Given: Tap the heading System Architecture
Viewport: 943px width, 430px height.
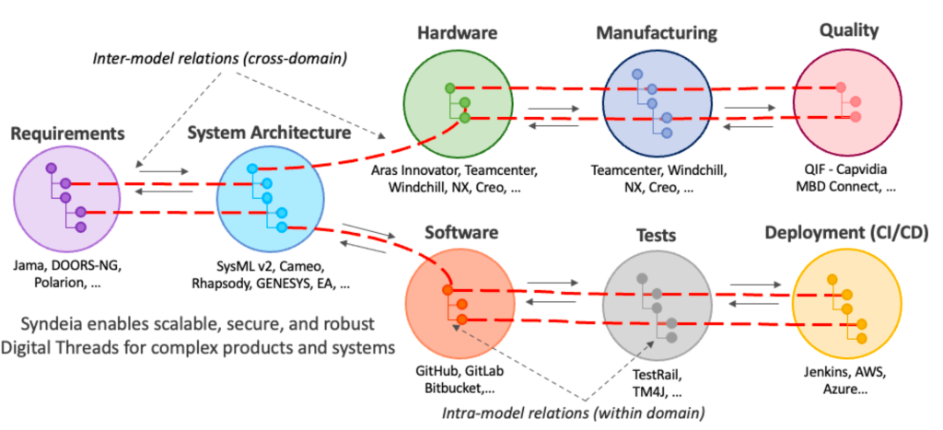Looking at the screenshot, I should click(x=269, y=133).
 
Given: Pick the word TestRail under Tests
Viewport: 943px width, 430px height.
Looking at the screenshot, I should click(x=654, y=374).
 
